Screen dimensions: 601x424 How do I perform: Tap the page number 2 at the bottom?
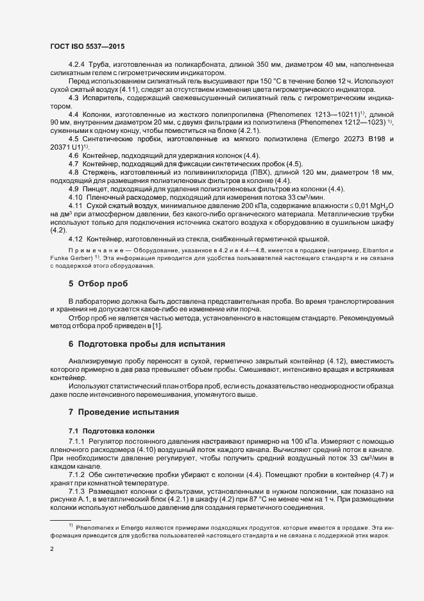click(x=52, y=550)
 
